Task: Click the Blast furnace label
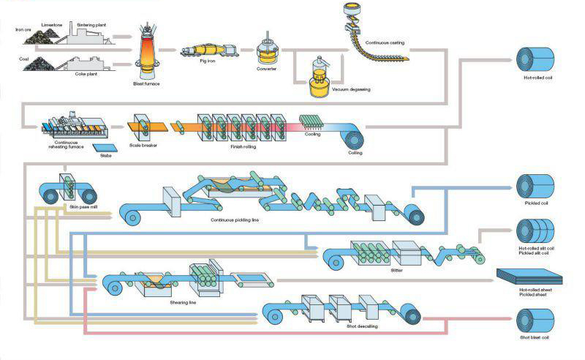146,83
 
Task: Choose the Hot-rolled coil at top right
537,59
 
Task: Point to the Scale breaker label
143,145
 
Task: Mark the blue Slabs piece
102,149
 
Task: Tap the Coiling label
355,153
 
